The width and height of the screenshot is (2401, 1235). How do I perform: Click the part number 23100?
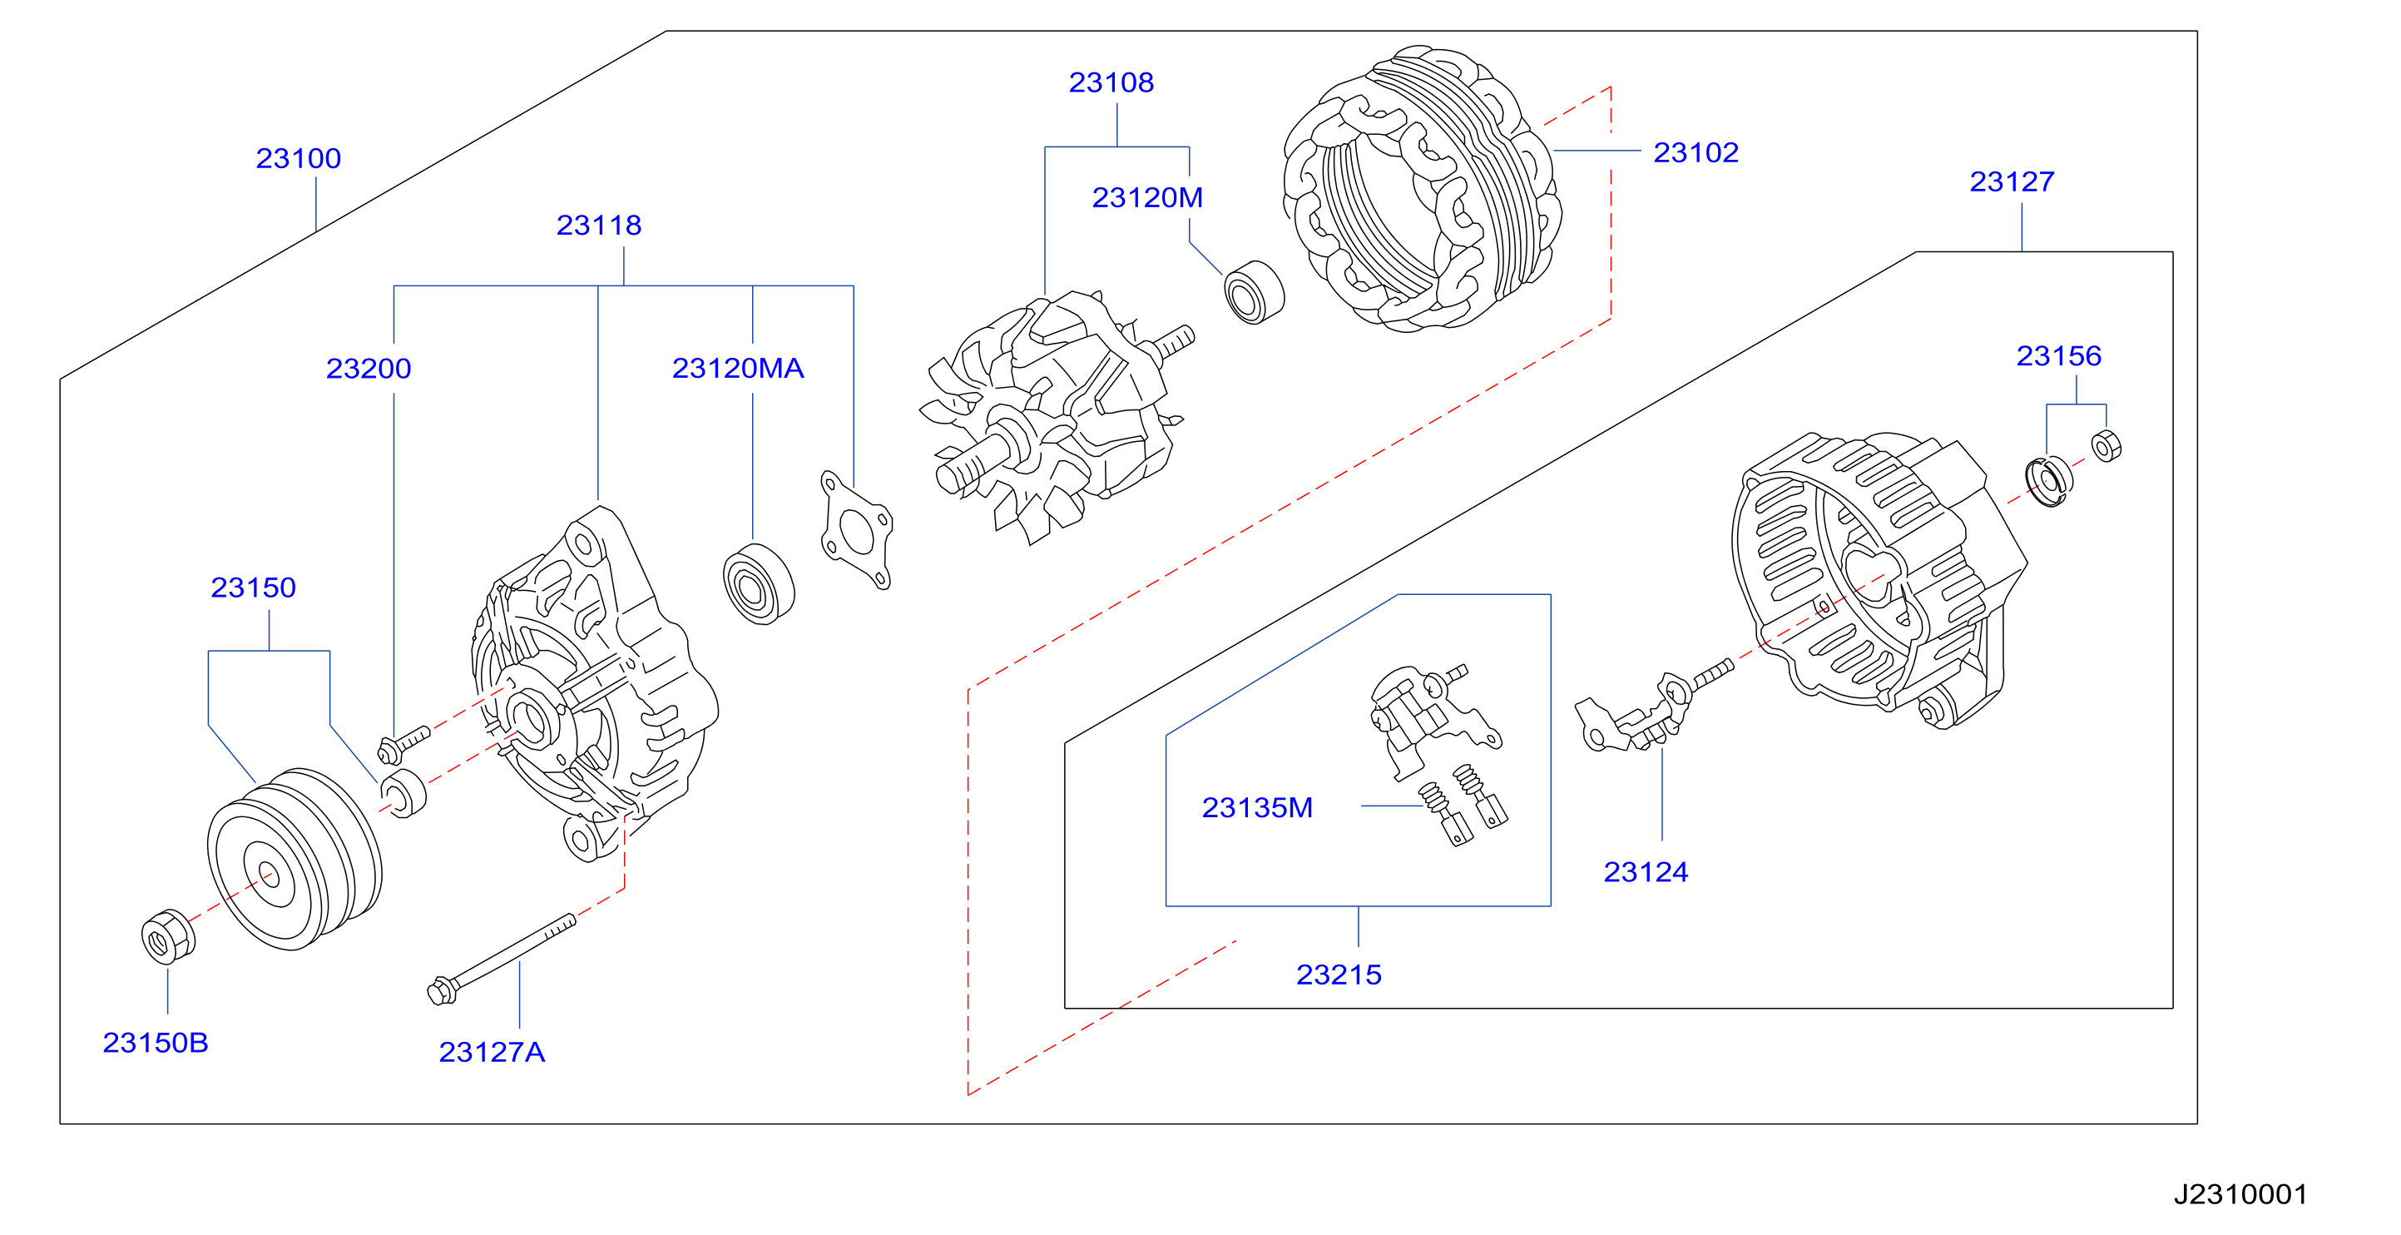click(x=299, y=158)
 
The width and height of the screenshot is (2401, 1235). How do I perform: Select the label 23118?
click(x=598, y=226)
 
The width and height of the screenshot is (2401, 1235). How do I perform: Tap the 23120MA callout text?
click(x=737, y=368)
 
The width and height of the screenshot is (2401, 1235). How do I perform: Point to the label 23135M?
click(x=1256, y=807)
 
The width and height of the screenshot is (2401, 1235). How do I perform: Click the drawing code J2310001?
click(x=2240, y=1194)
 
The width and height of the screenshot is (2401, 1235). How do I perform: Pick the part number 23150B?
click(x=155, y=1042)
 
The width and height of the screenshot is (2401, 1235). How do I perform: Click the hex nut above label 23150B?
click(x=168, y=937)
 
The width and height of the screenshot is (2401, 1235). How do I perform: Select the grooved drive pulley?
click(x=294, y=860)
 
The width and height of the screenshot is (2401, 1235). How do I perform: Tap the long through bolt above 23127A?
click(x=502, y=958)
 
